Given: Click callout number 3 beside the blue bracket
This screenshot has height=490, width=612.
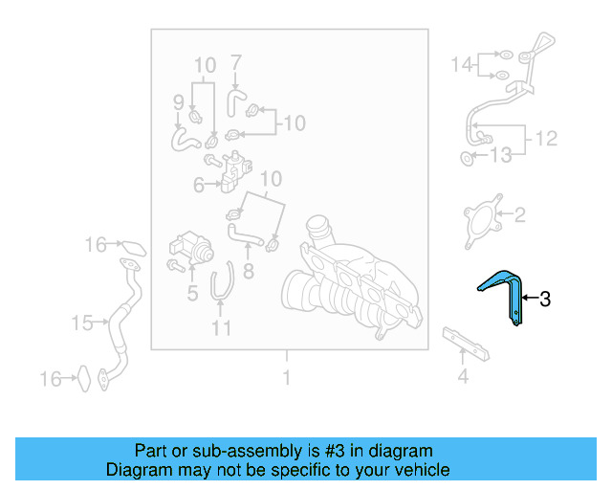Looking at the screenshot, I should click(545, 300).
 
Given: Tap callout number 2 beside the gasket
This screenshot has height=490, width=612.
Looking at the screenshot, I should click(519, 214).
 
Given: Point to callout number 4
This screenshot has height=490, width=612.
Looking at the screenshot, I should click(463, 376).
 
